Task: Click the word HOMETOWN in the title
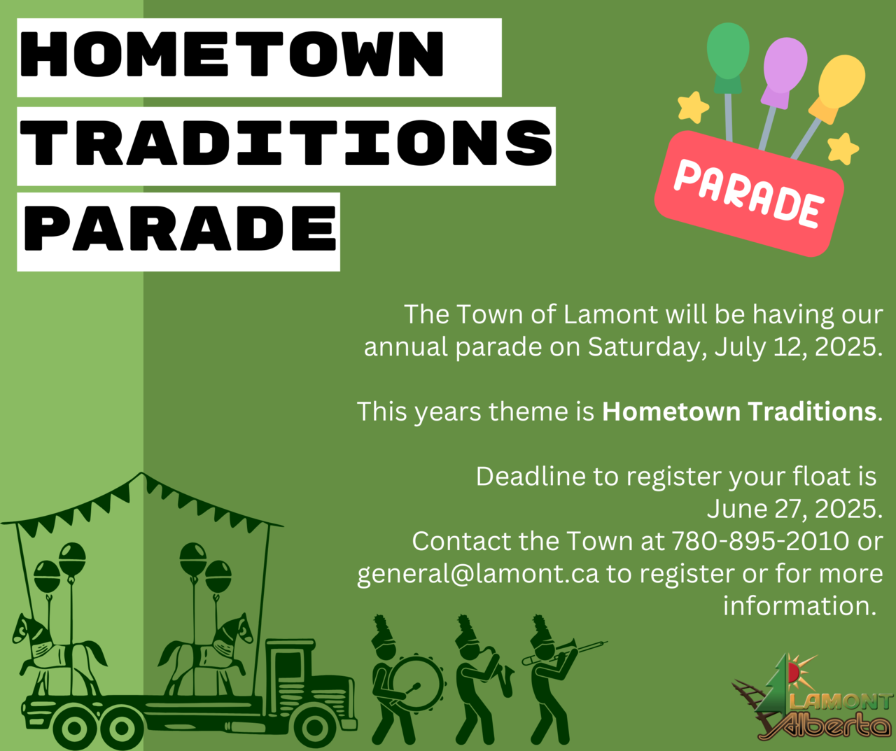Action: (x=232, y=54)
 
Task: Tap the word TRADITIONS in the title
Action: (x=286, y=143)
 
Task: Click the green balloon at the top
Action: (x=728, y=58)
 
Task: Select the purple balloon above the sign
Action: (x=784, y=73)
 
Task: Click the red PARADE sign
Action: (x=749, y=194)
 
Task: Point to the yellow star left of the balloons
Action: (x=692, y=107)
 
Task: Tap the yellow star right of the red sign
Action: (x=843, y=149)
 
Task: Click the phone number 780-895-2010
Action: (x=759, y=541)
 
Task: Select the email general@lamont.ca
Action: (x=478, y=574)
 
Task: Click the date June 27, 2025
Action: (x=794, y=509)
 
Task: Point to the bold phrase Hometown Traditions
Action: (x=739, y=412)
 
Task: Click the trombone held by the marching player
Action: (x=565, y=651)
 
